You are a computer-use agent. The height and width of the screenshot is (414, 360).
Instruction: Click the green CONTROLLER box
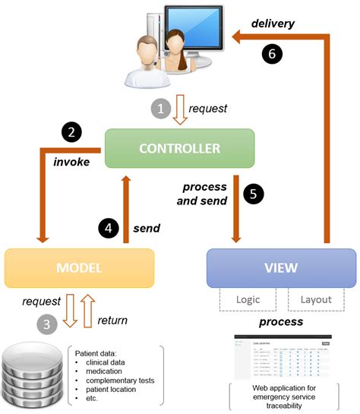point(179,148)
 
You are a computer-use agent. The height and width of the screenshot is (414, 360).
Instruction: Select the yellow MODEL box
point(80,268)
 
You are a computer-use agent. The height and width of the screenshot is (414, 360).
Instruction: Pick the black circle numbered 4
point(109,227)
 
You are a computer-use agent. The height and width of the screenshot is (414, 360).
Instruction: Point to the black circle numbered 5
point(257,194)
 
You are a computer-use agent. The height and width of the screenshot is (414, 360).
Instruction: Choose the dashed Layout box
point(314,299)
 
